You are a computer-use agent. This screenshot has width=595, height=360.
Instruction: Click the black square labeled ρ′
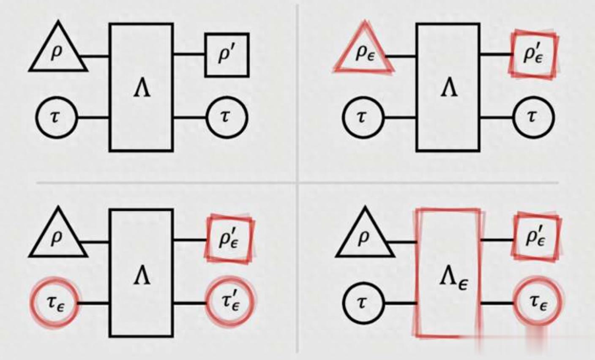(227, 55)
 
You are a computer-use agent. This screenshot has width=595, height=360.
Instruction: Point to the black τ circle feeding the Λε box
(363, 303)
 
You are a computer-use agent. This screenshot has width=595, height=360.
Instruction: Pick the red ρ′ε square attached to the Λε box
(536, 237)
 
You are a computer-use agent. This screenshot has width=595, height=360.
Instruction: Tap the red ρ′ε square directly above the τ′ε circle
(230, 237)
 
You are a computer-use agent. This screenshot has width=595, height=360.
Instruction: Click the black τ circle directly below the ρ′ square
(227, 117)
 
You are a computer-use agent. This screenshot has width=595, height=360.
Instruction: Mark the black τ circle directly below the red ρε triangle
(363, 117)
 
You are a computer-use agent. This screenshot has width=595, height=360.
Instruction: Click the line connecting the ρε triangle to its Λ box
(401, 56)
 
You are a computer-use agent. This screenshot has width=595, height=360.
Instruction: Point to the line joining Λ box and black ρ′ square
(189, 55)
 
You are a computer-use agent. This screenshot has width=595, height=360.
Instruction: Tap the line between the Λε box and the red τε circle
(497, 303)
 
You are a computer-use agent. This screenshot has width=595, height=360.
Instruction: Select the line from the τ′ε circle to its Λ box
(190, 303)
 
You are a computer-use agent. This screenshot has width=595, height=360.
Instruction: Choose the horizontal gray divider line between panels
(169, 183)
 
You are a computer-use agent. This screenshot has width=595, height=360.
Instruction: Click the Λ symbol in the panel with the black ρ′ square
(142, 90)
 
